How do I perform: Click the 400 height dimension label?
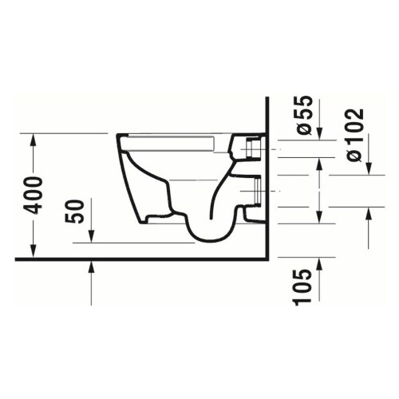point(33,196)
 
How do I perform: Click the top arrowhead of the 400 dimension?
point(33,138)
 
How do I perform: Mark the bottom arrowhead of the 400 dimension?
point(33,253)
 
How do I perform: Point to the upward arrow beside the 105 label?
point(319,263)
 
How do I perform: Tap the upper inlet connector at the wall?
point(247,148)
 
